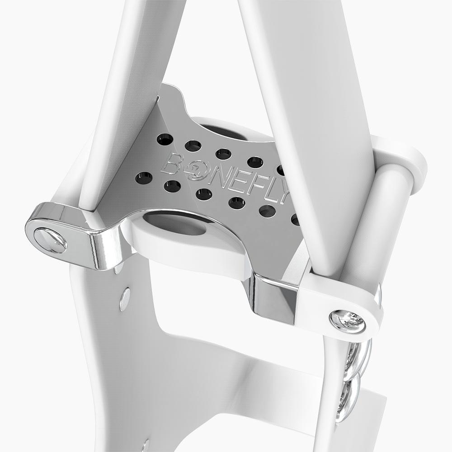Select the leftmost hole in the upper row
point(165,139)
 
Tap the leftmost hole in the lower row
point(143,178)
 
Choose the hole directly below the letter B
point(172,186)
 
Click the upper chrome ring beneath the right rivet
point(357,357)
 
